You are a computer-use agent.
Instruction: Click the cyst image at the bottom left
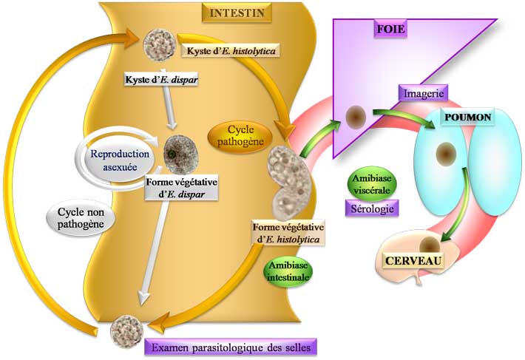pos(125,327)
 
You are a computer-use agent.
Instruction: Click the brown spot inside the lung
pos(445,154)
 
